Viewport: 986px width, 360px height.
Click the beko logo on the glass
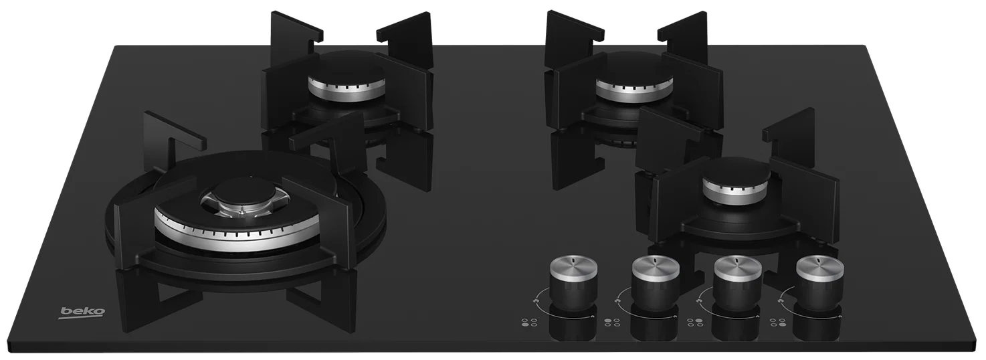82,312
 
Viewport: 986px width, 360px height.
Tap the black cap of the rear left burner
347,70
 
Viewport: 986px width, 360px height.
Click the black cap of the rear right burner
634,71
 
